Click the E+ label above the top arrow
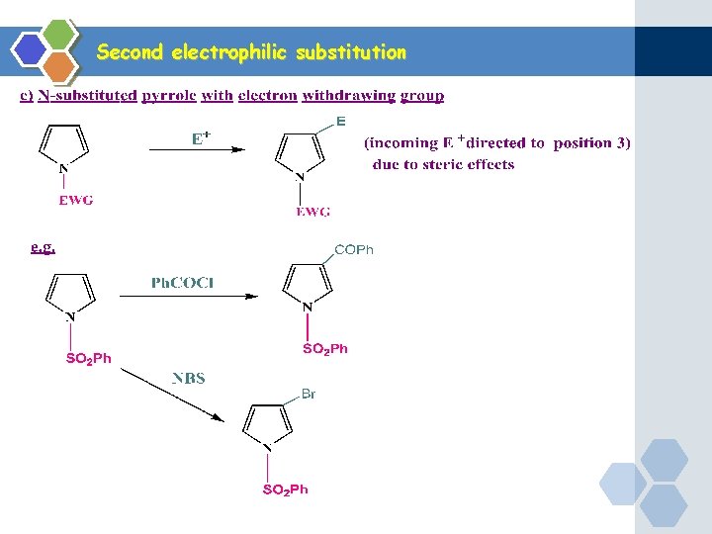[x=201, y=138]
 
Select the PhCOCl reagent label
[x=183, y=283]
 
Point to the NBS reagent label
[x=189, y=378]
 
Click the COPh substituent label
[x=354, y=250]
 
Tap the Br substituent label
[x=309, y=394]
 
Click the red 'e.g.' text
[x=43, y=247]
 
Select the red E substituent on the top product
[x=341, y=122]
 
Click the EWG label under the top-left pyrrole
[x=76, y=201]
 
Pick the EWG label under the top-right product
[x=312, y=212]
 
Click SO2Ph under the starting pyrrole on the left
[x=89, y=358]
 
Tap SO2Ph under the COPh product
[x=324, y=349]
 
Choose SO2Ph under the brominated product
[x=285, y=489]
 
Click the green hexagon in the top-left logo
[x=59, y=34]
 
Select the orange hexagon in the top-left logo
[x=59, y=66]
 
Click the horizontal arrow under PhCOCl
[x=188, y=296]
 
